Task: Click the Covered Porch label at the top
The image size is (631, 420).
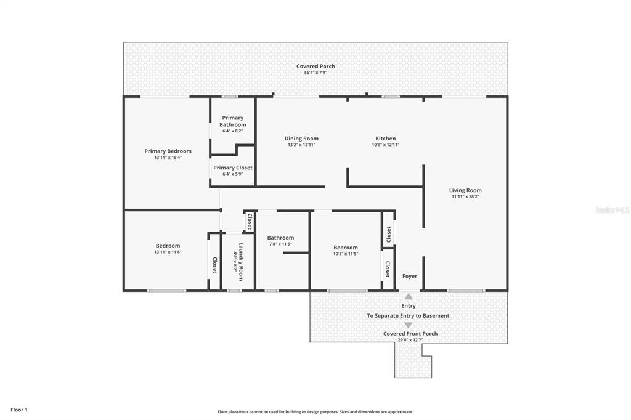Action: pos(315,67)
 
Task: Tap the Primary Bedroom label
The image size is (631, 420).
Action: pos(168,151)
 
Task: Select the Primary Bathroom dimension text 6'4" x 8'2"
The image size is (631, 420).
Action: pos(232,131)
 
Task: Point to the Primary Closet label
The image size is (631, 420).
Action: pos(232,168)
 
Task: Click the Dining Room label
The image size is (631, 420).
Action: pos(301,139)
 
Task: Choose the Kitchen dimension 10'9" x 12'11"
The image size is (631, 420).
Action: pos(386,145)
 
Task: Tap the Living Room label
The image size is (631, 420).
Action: pos(465,190)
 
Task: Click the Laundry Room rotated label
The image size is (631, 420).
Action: pos(241,262)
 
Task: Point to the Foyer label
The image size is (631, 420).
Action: pos(410,276)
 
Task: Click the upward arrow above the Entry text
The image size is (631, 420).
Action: pos(409,296)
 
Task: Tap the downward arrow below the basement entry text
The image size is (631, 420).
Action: pos(409,325)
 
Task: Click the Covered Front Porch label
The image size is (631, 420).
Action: pos(410,334)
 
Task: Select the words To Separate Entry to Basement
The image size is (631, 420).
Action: pos(408,316)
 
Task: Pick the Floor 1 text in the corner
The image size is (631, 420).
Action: pos(19,410)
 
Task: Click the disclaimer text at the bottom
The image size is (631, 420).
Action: pos(315,411)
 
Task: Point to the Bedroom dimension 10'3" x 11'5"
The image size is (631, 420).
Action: pos(345,254)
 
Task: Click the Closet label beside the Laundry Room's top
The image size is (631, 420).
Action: pos(250,221)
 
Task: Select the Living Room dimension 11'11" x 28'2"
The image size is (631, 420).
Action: pos(465,196)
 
